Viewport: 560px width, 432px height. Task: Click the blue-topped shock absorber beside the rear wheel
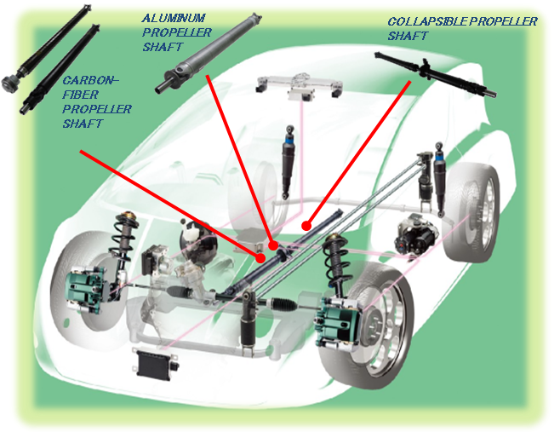pos(442,179)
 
